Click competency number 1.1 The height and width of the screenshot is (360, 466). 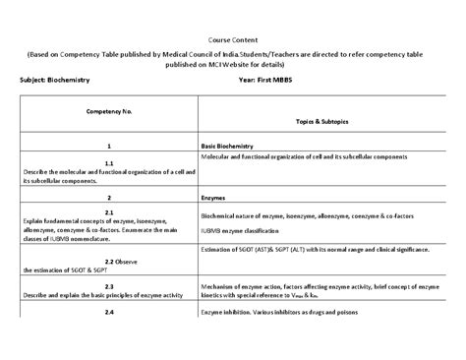[x=109, y=161]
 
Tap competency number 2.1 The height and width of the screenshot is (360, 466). [x=109, y=212]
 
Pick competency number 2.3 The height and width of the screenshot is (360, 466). [x=109, y=286]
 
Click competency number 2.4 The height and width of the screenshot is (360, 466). [x=109, y=312]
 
